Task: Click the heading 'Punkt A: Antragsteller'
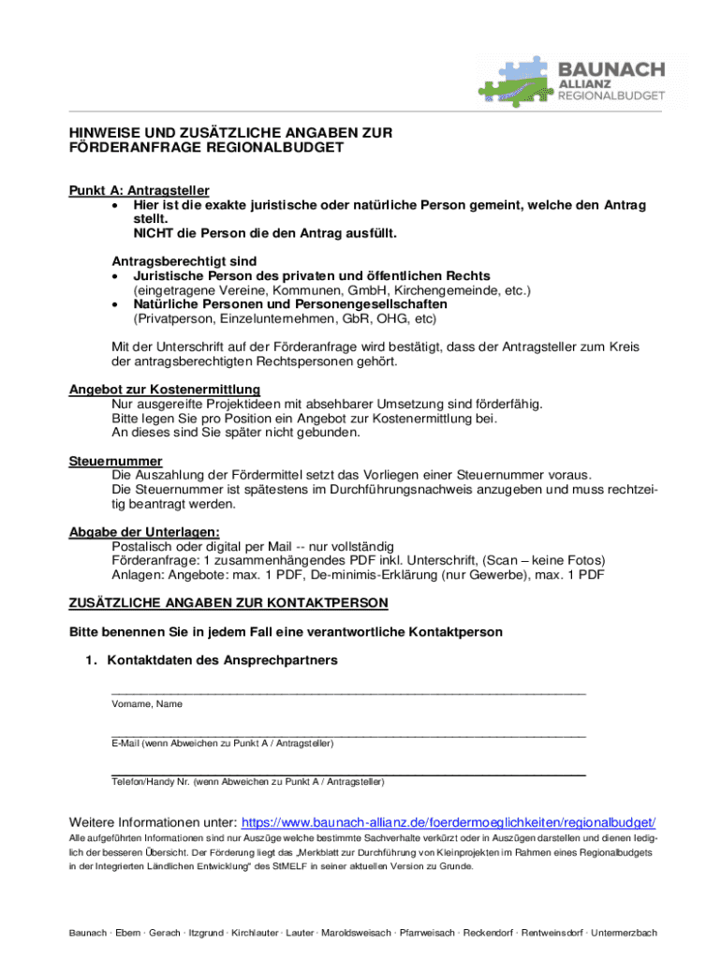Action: coord(139,190)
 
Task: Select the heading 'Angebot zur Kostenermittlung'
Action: coord(164,390)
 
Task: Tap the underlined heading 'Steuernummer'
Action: coord(115,462)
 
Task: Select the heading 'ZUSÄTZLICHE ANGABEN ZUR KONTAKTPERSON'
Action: coord(228,601)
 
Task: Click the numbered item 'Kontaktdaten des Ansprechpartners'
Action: coord(222,660)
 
